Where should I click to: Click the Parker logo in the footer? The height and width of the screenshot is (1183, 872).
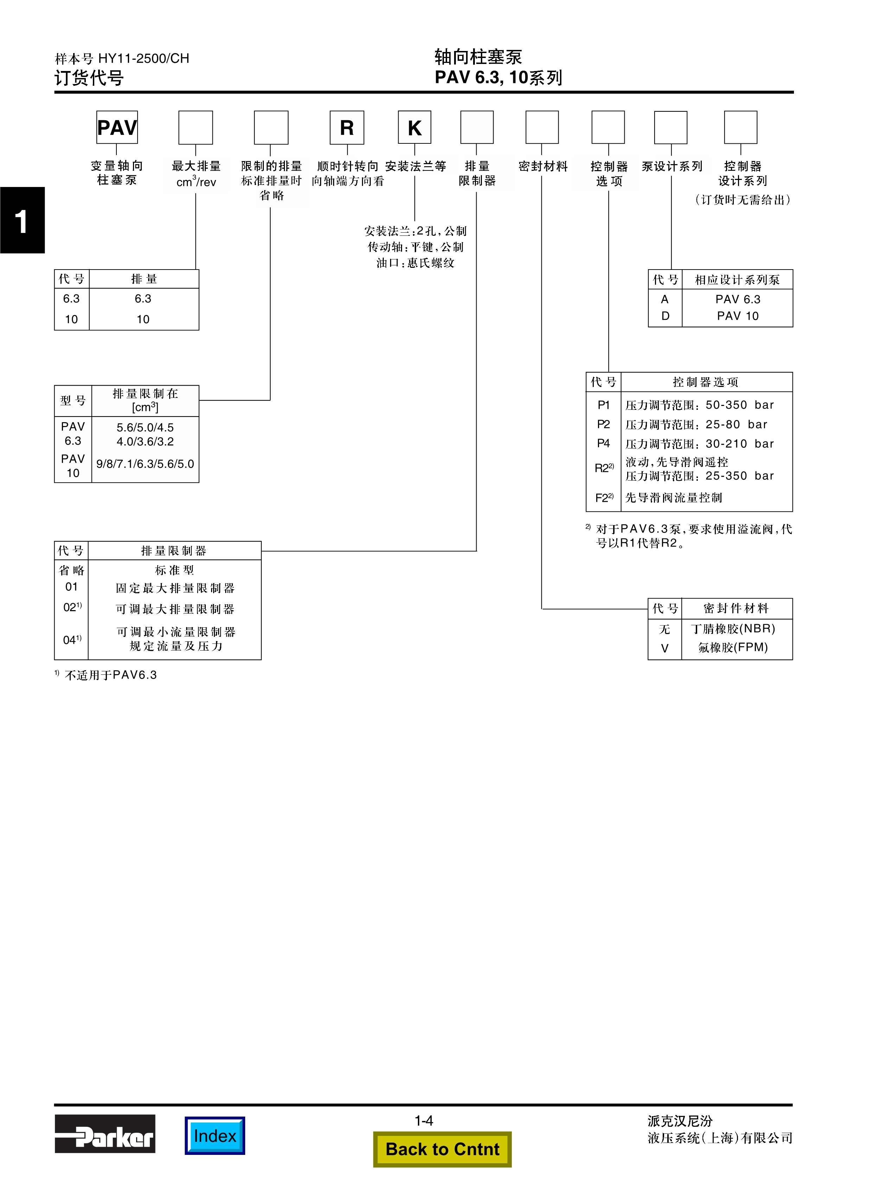(x=105, y=1133)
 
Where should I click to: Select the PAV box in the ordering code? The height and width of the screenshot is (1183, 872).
(x=117, y=127)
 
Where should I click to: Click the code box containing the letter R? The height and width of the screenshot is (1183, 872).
(x=347, y=127)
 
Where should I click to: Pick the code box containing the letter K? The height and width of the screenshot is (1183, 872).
(x=414, y=127)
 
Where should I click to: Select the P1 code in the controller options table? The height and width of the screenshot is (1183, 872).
(x=603, y=405)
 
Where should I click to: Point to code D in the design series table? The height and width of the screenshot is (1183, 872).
(x=665, y=316)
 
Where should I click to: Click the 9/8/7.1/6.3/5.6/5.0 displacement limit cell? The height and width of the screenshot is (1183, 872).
(x=145, y=464)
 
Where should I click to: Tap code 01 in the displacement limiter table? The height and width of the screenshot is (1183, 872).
(x=71, y=587)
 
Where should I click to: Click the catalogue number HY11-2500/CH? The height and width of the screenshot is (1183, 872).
(x=144, y=59)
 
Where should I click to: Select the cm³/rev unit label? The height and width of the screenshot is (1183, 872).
(x=196, y=182)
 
